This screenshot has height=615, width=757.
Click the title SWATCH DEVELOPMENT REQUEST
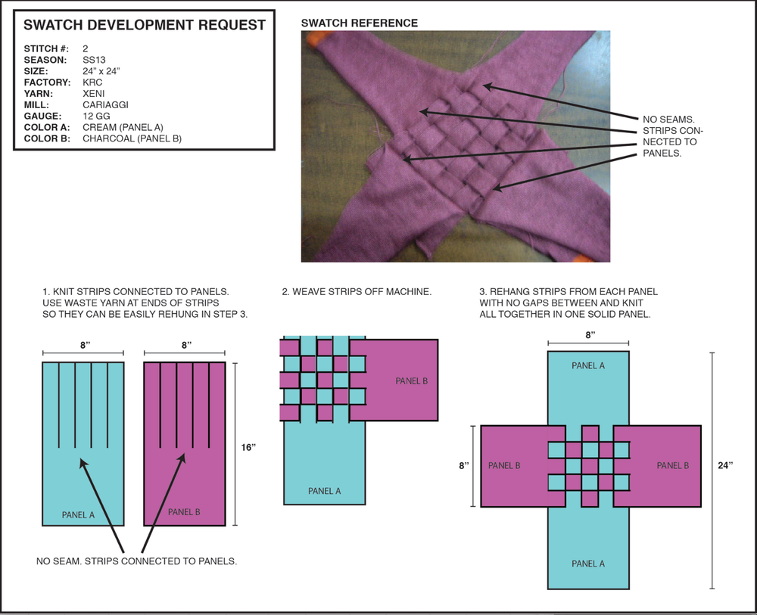point(145,25)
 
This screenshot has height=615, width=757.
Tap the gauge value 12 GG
point(98,116)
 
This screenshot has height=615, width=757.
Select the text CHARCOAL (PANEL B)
point(132,138)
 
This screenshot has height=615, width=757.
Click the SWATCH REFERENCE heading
point(360,23)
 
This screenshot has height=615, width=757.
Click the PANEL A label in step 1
point(78,515)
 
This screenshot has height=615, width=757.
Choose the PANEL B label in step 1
point(184,512)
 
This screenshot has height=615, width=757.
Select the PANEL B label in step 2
point(411,380)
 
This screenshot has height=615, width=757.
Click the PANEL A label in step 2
point(324,491)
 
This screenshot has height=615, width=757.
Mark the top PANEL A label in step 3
point(588,365)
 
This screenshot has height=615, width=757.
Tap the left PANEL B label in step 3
point(504,465)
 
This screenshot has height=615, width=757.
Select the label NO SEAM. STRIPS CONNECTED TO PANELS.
point(137,561)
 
